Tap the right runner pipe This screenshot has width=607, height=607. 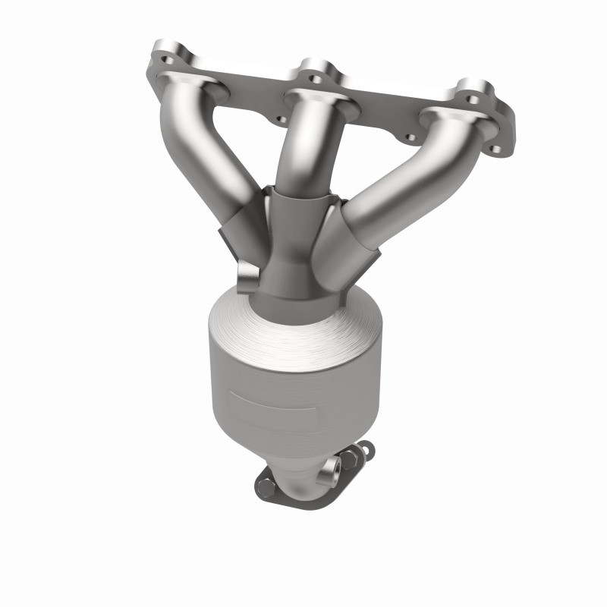[x=395, y=182]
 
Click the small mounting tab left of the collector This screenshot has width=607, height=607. [x=247, y=278]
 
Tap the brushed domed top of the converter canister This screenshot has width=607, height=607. [x=292, y=334]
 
